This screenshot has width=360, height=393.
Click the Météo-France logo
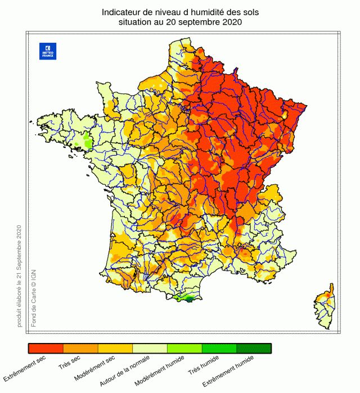(48, 51)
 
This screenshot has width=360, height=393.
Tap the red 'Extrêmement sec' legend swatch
(46, 349)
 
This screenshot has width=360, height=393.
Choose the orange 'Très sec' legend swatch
(80, 349)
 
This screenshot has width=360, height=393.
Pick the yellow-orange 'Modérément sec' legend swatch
(115, 349)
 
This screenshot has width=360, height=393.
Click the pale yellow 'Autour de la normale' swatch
(150, 349)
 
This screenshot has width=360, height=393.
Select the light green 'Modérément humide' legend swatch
(184, 349)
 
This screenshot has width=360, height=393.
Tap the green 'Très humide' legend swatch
(219, 349)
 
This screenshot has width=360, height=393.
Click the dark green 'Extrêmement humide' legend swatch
(254, 349)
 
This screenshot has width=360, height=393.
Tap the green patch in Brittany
(88, 139)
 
